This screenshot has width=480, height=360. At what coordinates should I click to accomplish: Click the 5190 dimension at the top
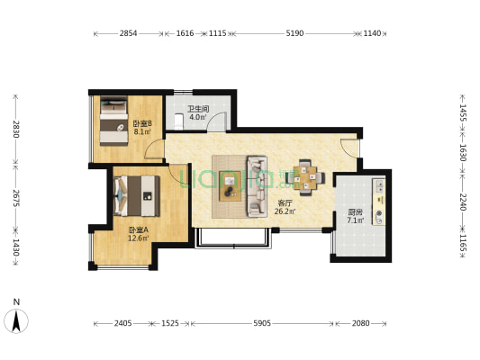[x=294, y=33]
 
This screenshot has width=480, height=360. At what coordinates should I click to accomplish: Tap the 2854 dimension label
[x=128, y=33]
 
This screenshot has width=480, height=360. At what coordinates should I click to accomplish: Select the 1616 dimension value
[x=185, y=33]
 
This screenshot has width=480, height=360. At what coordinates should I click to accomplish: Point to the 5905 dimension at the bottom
[x=262, y=323]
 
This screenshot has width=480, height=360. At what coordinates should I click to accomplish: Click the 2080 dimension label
[x=360, y=323]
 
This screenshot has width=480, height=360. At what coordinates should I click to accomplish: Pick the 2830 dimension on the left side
[x=16, y=129]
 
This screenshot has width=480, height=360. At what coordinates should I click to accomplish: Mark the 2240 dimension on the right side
[x=463, y=202]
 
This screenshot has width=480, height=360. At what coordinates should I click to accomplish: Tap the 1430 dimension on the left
[x=16, y=247]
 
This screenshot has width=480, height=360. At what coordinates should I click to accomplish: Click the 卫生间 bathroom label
[x=198, y=109]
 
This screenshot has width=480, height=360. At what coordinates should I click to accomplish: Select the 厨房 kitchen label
[x=355, y=212]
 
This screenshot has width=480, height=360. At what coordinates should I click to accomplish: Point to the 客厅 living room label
[x=285, y=203]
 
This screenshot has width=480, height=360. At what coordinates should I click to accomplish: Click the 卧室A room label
[x=139, y=229]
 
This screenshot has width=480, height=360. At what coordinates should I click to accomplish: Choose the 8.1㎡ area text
[x=142, y=132]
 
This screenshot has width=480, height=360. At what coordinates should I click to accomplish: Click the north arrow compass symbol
[x=16, y=320]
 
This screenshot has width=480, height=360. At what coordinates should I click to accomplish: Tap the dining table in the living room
[x=305, y=177]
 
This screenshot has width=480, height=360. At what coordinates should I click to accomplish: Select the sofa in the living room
[x=257, y=186]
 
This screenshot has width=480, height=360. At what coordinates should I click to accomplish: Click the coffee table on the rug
[x=231, y=186]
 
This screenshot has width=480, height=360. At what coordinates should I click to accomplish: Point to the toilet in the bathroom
[x=178, y=121]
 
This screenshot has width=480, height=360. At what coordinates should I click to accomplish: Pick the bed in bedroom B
[x=113, y=121]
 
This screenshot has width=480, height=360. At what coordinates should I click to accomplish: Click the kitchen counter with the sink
[x=378, y=202]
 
